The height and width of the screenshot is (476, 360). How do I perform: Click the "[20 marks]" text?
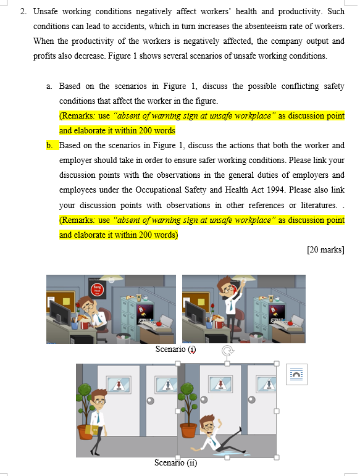pyautogui.click(x=325, y=249)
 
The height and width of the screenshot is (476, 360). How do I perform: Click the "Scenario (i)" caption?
pyautogui.click(x=175, y=349)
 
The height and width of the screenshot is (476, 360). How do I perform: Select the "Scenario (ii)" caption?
pyautogui.click(x=175, y=462)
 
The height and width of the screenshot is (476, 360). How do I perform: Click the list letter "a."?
pyautogui.click(x=49, y=86)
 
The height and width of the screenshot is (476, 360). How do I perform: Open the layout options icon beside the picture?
pyautogui.click(x=296, y=375)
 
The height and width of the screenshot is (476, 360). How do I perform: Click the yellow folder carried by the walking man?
pyautogui.click(x=94, y=430)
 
